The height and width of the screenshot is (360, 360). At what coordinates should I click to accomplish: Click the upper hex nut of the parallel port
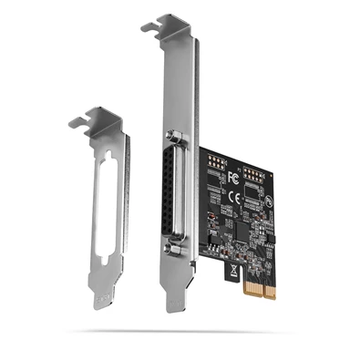tap(174, 137)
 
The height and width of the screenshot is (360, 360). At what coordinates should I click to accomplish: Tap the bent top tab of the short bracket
tap(86, 118)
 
